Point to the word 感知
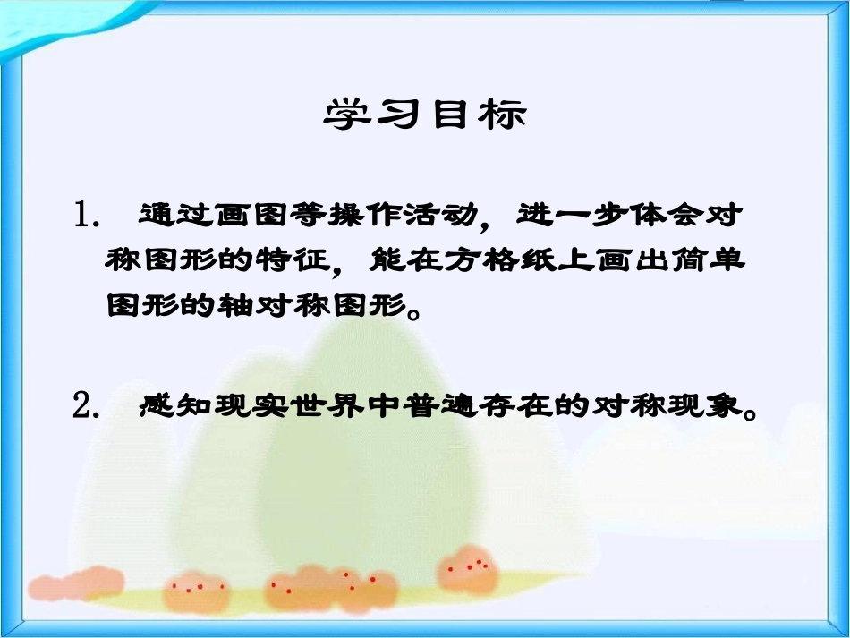(x=170, y=408)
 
